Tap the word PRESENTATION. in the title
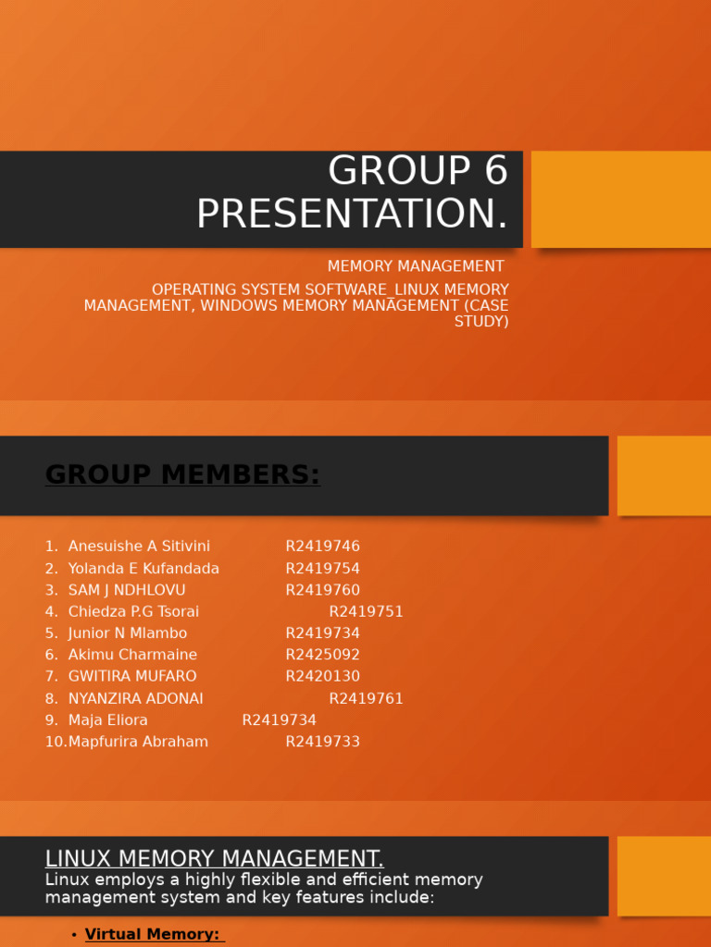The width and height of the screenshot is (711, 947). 352,215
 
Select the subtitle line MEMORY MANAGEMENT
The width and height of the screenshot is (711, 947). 416,267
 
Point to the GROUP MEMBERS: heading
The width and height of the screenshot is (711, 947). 182,475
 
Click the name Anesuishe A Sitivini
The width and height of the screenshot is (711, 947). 139,547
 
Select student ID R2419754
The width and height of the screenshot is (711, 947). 322,569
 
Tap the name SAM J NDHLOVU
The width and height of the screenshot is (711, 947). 127,590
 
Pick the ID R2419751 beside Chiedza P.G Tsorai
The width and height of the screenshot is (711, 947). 366,612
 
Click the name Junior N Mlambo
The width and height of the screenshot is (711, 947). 128,633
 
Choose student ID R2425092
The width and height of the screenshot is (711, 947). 322,655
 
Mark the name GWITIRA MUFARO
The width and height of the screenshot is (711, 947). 132,677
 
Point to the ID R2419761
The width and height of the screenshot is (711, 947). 366,699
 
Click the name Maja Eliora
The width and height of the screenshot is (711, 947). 107,720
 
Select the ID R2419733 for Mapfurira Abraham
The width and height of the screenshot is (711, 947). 322,742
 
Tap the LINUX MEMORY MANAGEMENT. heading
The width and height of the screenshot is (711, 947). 214,859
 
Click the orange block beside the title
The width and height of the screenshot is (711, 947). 620,199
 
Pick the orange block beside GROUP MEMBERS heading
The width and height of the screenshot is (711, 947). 664,475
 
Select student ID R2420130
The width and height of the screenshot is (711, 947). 322,677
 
